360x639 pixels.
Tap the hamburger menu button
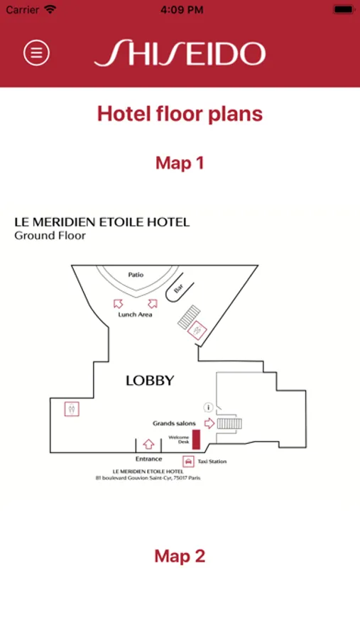[37, 52]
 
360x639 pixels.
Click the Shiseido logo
[180, 53]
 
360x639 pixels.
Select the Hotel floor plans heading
[180, 114]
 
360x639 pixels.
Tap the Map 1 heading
[180, 163]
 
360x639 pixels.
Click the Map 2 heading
[180, 556]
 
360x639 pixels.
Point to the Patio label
[136, 275]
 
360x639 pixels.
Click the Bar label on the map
[178, 288]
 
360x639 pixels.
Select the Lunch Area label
[135, 315]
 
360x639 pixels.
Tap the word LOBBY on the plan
[150, 381]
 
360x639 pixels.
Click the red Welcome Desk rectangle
[196, 439]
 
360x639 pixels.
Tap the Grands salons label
[174, 423]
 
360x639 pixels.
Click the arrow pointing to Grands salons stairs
[209, 423]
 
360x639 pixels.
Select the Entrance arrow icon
[149, 444]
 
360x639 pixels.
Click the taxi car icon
[188, 461]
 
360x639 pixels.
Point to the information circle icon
[208, 407]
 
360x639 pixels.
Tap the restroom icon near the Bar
[197, 329]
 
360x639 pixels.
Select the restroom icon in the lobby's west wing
[72, 409]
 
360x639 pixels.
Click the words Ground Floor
[50, 236]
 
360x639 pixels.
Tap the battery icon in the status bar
[343, 9]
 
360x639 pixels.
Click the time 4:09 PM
[182, 10]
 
